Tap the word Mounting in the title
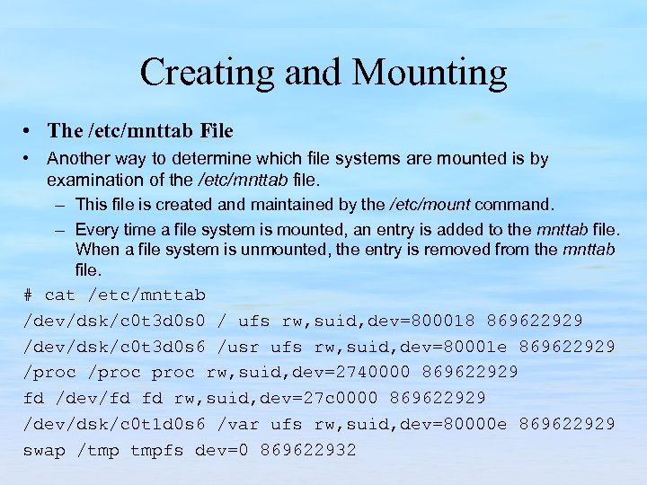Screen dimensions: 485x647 point(433,73)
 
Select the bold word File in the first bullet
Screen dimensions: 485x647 point(217,131)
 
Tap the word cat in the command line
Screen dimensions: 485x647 point(60,295)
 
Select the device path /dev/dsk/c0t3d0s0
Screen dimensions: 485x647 point(116,321)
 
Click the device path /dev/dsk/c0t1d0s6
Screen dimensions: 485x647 point(116,424)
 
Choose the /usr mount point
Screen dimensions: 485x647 point(238,347)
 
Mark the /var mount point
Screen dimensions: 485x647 point(238,424)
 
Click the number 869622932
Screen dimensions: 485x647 point(308,450)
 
